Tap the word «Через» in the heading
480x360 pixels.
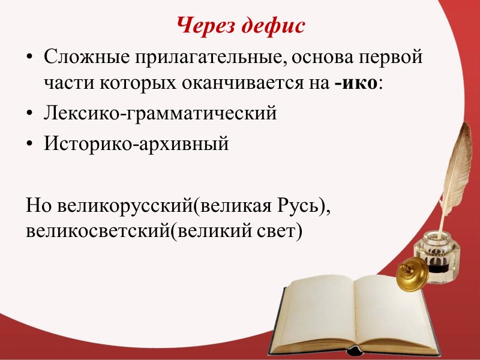(x=206, y=26)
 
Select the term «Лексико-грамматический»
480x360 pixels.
(x=160, y=113)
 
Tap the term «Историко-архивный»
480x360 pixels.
(x=136, y=143)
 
